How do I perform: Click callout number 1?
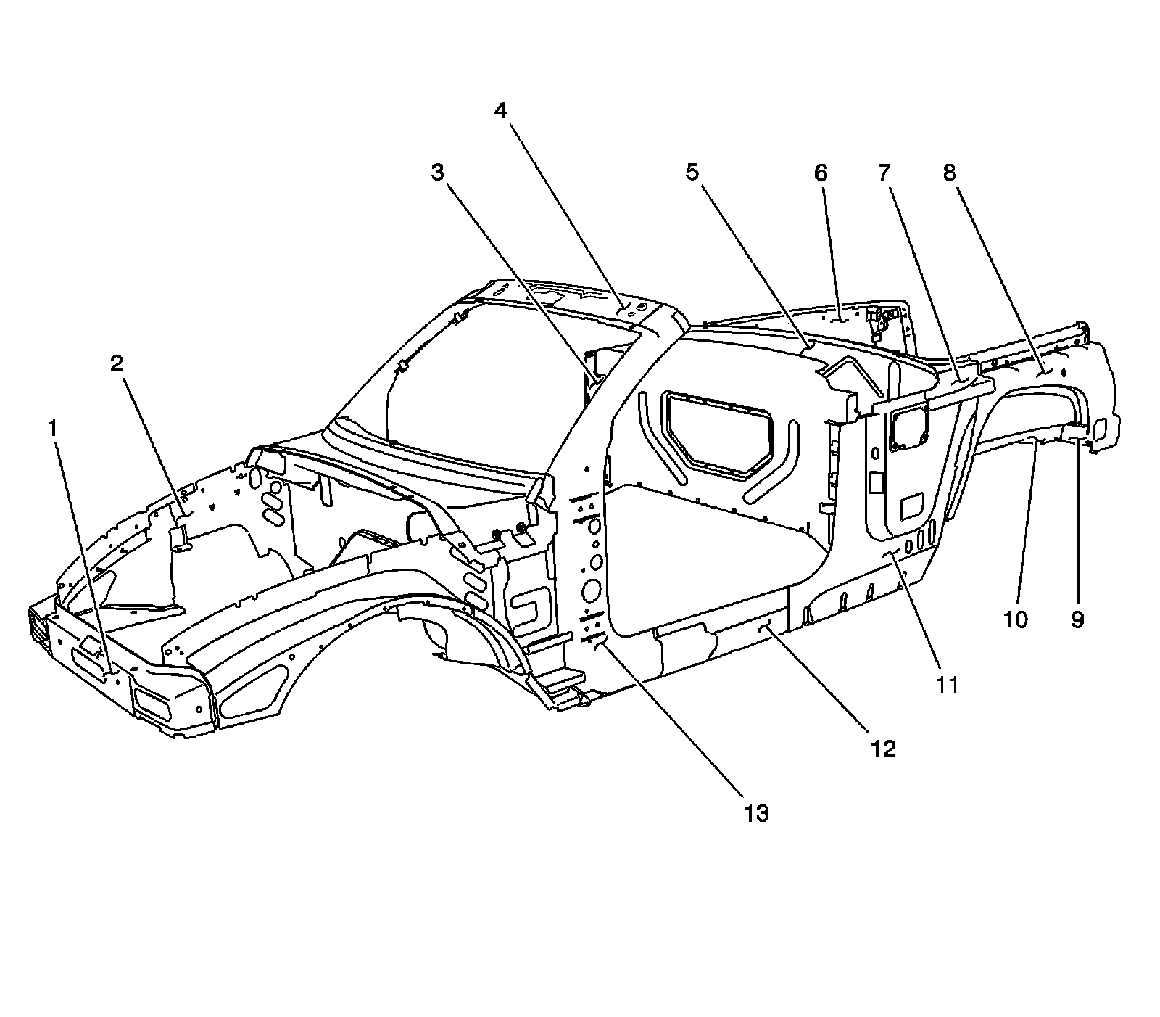[52, 429]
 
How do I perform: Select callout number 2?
[117, 364]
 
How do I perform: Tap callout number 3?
[436, 173]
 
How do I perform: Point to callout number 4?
[501, 110]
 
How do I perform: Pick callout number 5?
[692, 173]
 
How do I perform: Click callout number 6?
[821, 173]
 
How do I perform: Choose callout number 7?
[884, 173]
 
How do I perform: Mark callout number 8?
[949, 173]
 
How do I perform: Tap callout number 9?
[1077, 619]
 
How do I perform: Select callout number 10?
[1016, 619]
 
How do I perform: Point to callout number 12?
[884, 749]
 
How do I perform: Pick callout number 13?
[755, 813]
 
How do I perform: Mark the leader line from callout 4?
[562, 210]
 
